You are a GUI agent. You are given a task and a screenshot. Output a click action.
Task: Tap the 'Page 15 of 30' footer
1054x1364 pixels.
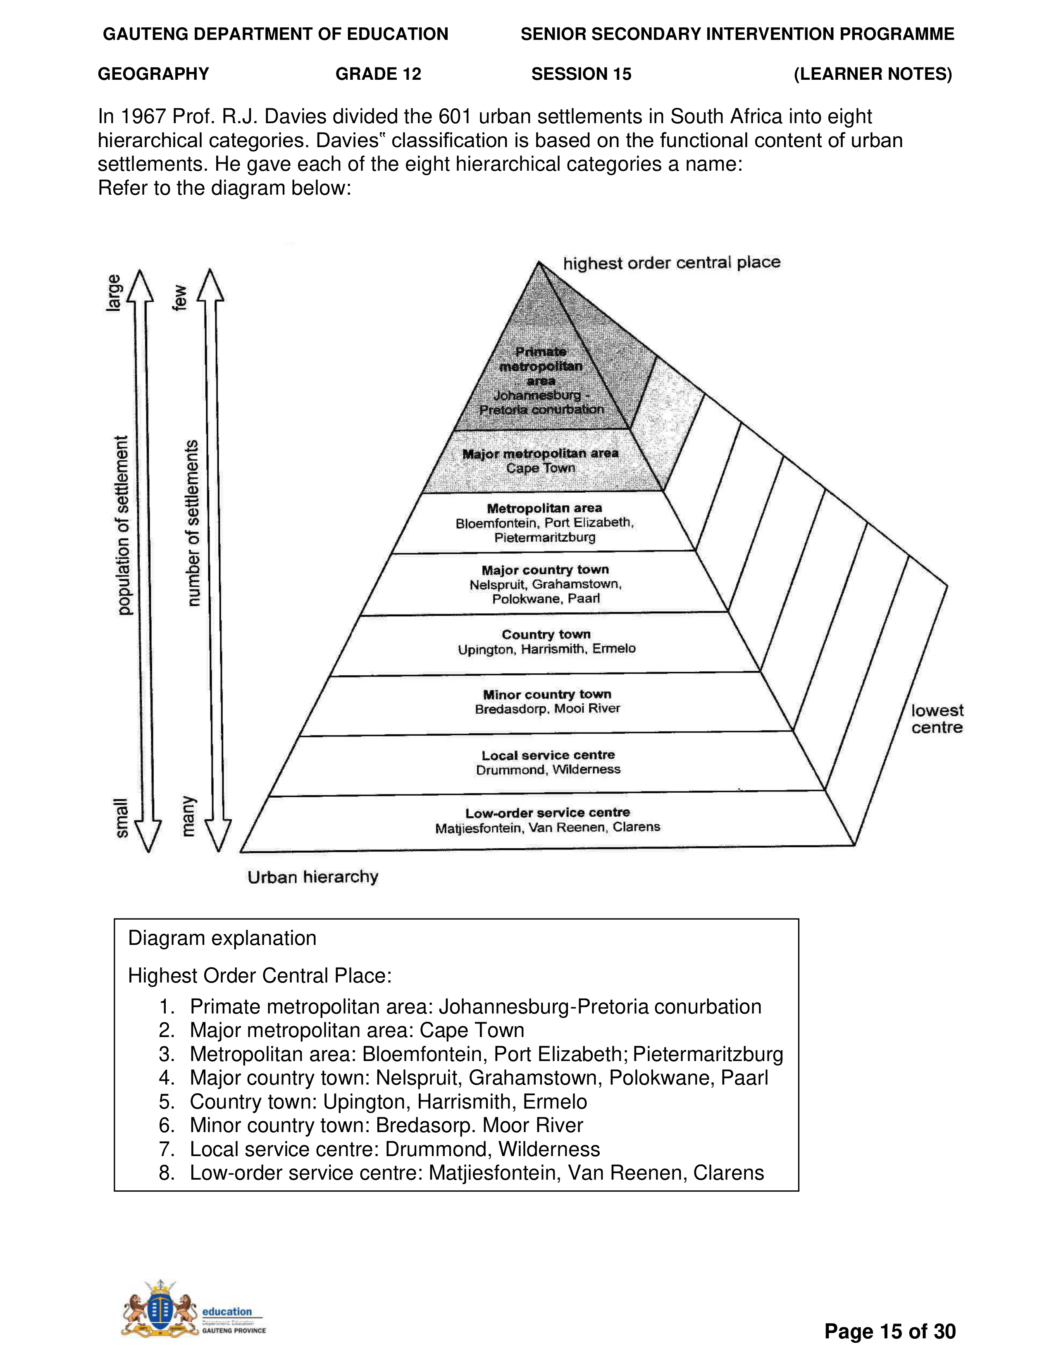tap(890, 1331)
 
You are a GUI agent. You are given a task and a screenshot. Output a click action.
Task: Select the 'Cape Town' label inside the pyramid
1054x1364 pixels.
tap(540, 468)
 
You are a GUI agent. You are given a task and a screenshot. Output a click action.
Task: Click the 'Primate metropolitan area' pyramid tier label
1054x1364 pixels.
tap(541, 366)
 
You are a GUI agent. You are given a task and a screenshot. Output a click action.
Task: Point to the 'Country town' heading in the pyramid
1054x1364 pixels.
tap(546, 634)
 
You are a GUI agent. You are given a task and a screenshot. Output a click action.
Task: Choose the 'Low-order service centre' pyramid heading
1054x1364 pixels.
tap(548, 813)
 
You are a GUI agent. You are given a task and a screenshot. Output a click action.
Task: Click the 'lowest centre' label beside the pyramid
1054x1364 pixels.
tap(937, 719)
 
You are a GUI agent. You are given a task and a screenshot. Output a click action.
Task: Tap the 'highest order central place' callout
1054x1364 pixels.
tap(671, 263)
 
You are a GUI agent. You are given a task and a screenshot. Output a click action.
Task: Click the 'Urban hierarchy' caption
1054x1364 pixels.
tap(313, 877)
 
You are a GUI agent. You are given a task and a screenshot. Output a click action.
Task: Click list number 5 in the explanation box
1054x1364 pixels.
tap(166, 1102)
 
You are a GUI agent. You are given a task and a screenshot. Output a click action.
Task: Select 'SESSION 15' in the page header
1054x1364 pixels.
tap(581, 74)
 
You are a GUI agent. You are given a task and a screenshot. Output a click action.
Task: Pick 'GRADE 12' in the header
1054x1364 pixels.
tap(378, 74)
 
